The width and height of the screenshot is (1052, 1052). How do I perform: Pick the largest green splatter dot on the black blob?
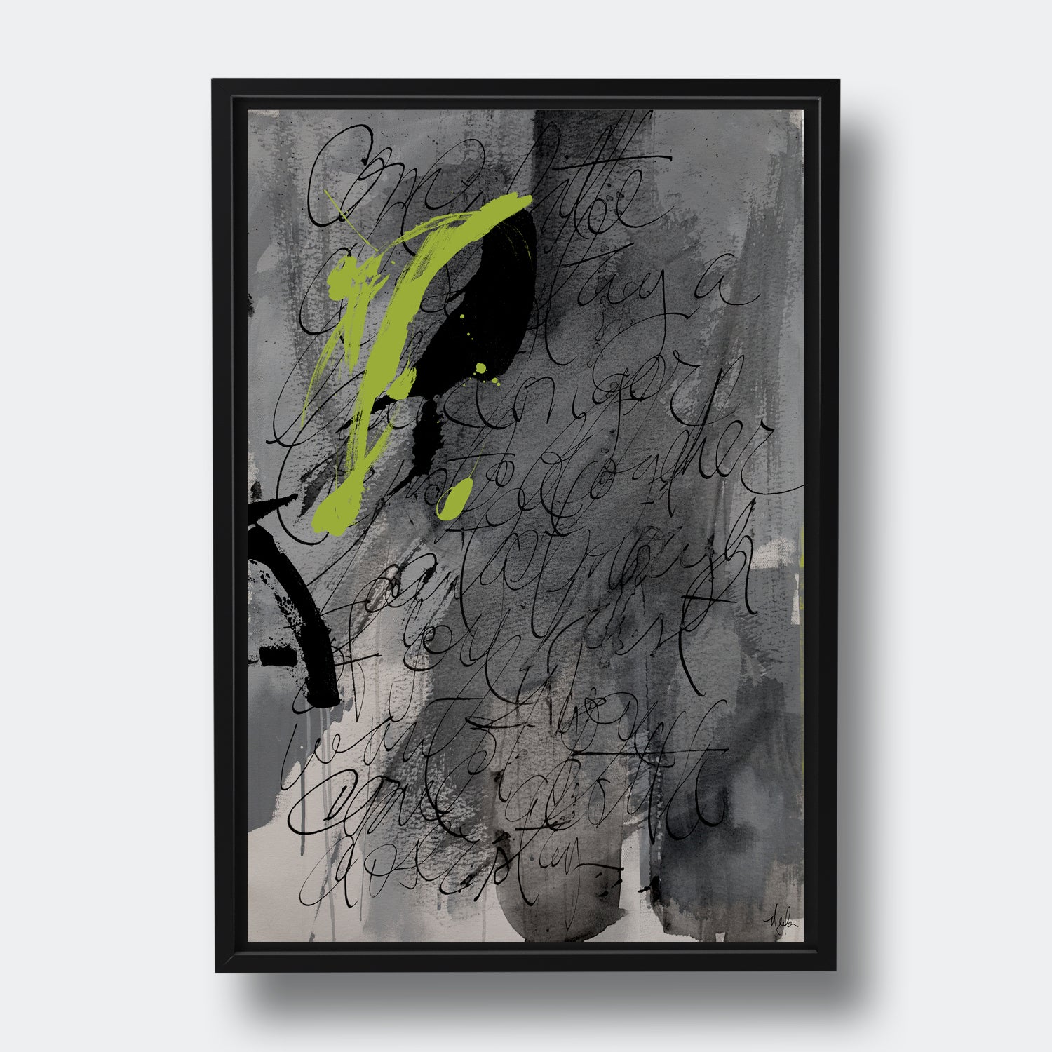(481, 367)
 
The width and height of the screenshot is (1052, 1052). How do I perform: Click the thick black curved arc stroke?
(312, 617)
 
